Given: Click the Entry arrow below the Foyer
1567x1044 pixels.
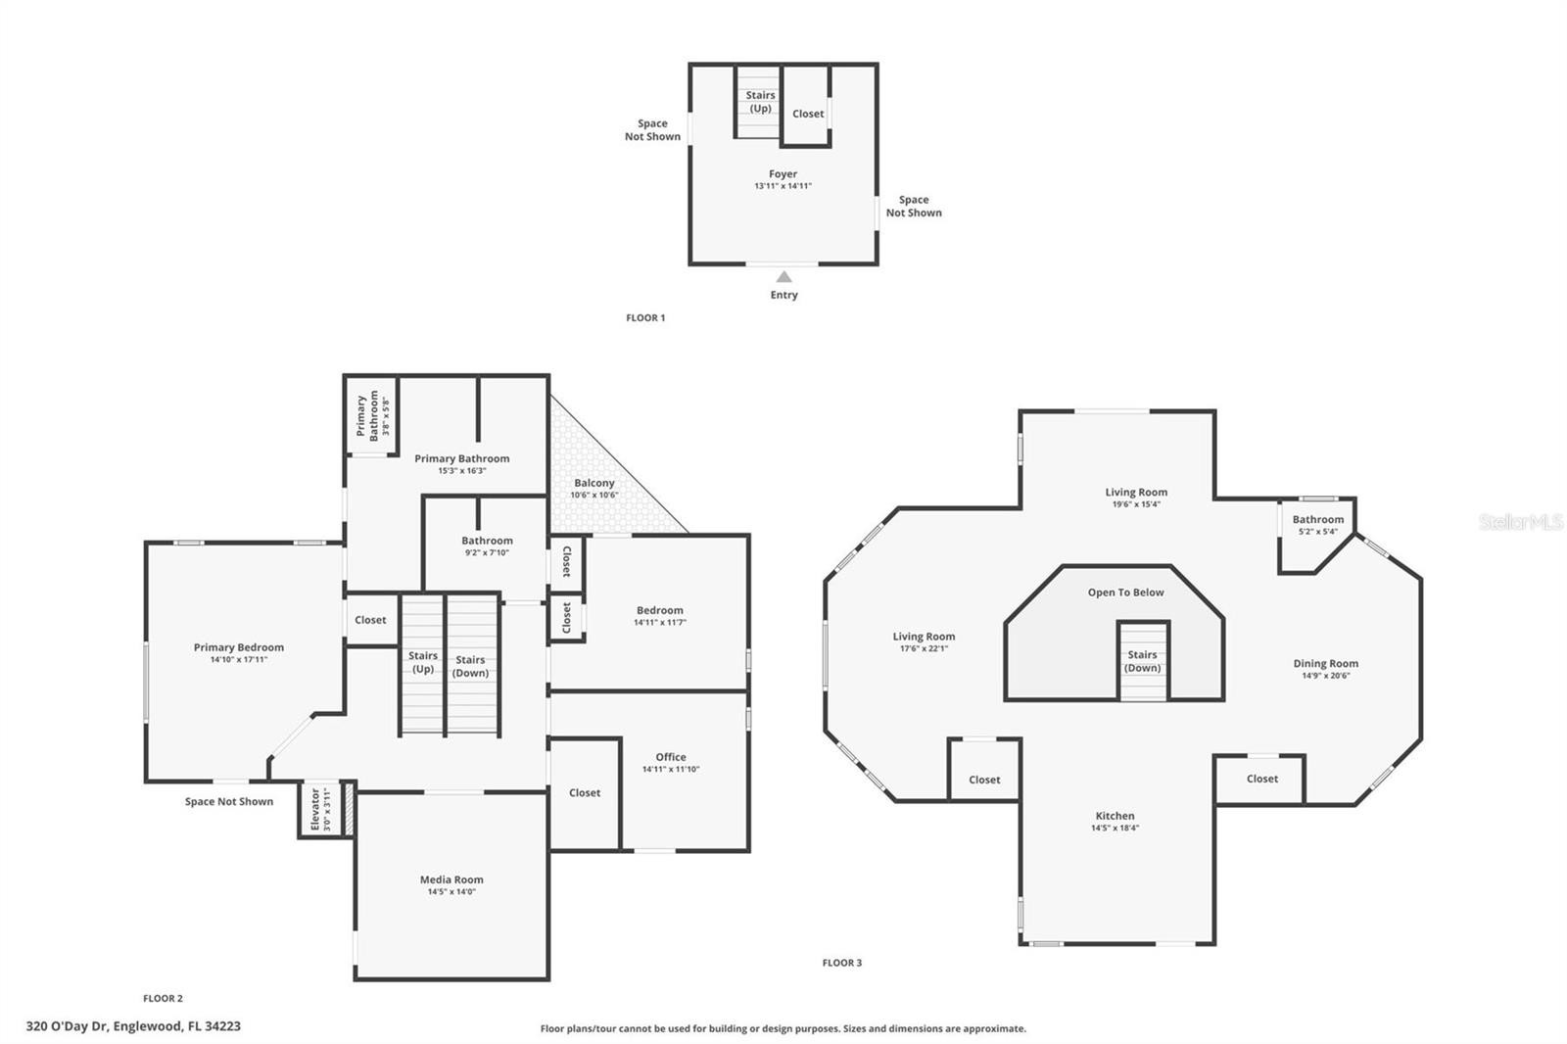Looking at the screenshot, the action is pos(784,276).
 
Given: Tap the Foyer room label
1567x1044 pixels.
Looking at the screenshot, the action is pos(783,173).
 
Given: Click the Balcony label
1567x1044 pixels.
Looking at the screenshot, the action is pos(594,483).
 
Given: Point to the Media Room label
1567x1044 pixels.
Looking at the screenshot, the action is pos(451,879).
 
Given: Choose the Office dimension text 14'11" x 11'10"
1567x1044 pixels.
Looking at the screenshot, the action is pos(671,769).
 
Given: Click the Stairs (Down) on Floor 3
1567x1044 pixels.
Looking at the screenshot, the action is pos(1143,661).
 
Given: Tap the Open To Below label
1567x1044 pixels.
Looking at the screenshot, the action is pos(1125,592).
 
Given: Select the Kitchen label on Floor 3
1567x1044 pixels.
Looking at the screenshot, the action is pos(1116,815).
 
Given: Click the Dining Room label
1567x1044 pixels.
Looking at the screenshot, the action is pos(1326,663).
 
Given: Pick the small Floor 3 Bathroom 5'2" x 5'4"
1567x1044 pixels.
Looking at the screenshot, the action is pos(1318,525).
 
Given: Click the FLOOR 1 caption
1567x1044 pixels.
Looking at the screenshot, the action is pos(645,317).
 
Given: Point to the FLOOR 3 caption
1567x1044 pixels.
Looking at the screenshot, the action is pos(842,963).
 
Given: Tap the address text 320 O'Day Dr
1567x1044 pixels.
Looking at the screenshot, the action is pos(68,1025).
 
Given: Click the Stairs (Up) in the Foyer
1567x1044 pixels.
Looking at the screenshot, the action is pos(758,102).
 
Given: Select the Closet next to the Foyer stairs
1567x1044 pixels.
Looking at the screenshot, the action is pos(806,106).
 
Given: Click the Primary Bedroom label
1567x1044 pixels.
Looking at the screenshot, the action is pos(239,647).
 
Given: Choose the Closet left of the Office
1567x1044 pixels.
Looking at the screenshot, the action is pos(585,793).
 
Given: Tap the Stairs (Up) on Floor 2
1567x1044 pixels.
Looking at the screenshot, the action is pos(422,661).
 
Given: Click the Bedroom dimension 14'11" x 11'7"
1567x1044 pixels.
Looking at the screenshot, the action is pos(660,622).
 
